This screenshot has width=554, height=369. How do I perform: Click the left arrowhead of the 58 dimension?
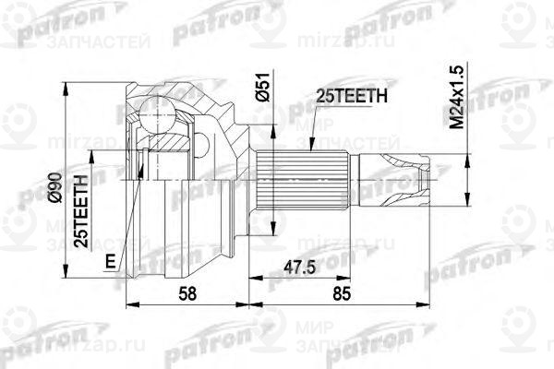(x=126, y=304)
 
